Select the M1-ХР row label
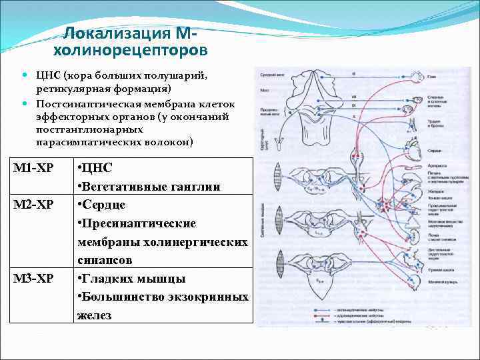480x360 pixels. pos(34,167)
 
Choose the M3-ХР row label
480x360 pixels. pos(35,278)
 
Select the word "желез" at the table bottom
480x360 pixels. pos(95,315)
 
